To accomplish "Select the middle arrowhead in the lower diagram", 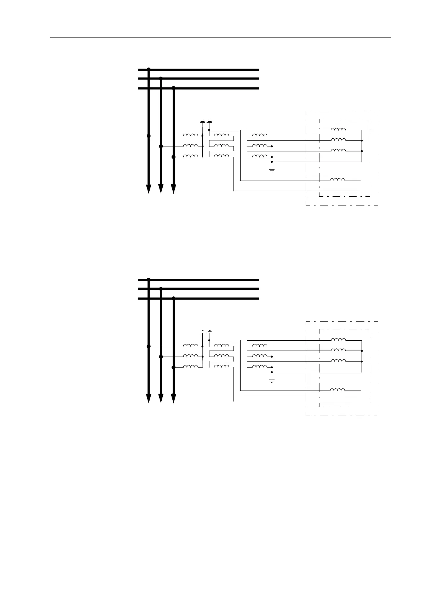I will (161, 398).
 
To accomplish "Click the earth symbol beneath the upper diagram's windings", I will (272, 171).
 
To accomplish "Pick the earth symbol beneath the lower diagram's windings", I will (272, 381).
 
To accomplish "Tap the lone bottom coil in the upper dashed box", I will (338, 180).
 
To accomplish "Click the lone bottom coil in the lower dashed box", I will (338, 390).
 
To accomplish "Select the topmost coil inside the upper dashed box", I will (338, 129).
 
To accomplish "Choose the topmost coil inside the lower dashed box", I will (338, 340).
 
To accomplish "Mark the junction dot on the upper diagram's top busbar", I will (149, 69).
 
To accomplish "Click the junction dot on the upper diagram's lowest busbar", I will (173, 88).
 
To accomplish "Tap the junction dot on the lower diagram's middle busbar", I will (161, 289).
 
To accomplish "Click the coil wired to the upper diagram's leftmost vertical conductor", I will (190, 135).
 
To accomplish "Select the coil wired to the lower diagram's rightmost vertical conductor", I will (190, 366).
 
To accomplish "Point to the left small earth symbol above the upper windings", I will (202, 121).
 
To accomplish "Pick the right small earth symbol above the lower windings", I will (209, 331).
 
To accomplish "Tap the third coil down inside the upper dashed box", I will (338, 150).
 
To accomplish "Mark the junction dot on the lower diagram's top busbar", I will (149, 279).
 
